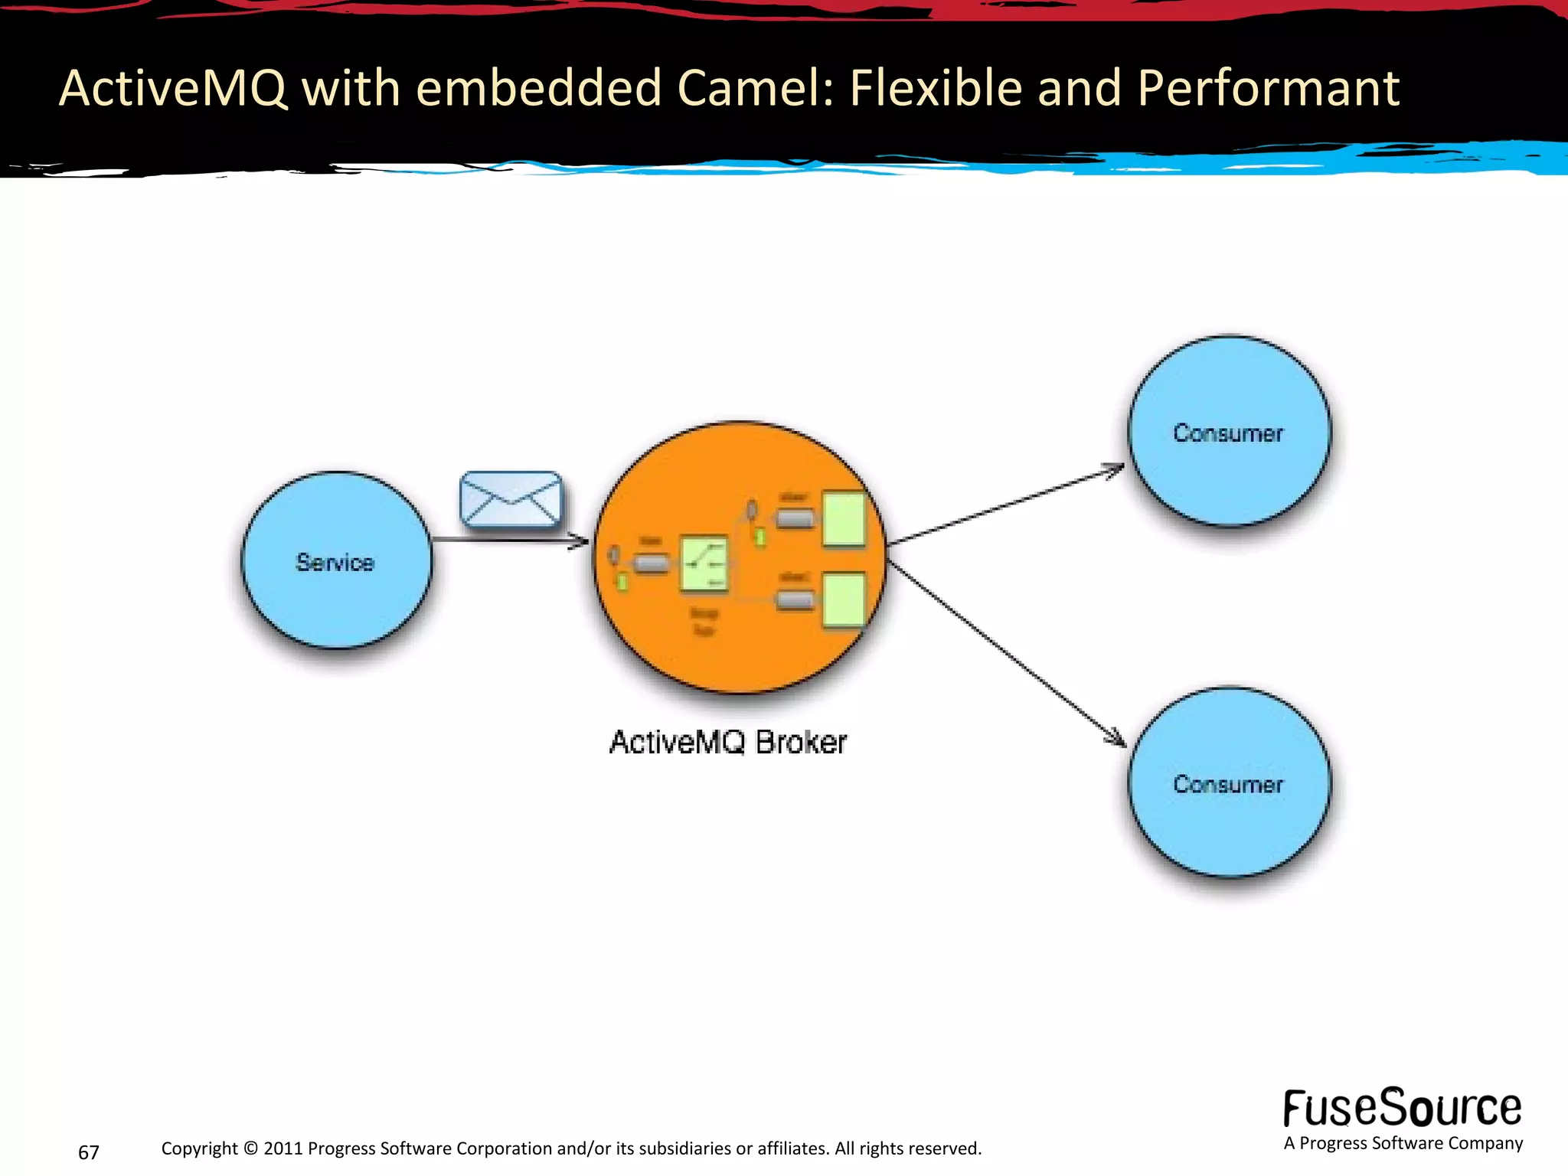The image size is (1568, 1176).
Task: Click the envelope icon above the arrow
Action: pyautogui.click(x=511, y=499)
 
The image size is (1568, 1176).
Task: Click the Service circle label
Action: pyautogui.click(x=335, y=563)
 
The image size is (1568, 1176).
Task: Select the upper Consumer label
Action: pyautogui.click(x=1227, y=433)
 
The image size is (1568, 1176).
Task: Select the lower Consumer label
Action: pyautogui.click(x=1227, y=785)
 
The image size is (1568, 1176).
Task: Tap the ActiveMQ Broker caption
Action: pyautogui.click(x=727, y=742)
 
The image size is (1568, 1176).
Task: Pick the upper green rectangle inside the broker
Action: pyautogui.click(x=844, y=520)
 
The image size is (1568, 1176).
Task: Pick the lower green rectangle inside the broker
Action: pyautogui.click(x=844, y=599)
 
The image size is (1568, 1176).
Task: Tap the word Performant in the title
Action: pyautogui.click(x=1269, y=87)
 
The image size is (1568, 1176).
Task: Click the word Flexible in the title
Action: pyautogui.click(x=936, y=87)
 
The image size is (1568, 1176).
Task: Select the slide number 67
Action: pyautogui.click(x=89, y=1152)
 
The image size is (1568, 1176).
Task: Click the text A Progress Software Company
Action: pyautogui.click(x=1403, y=1143)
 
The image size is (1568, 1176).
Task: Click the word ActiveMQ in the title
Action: pyautogui.click(x=173, y=87)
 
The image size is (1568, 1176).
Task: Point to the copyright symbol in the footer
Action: pyautogui.click(x=250, y=1148)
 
